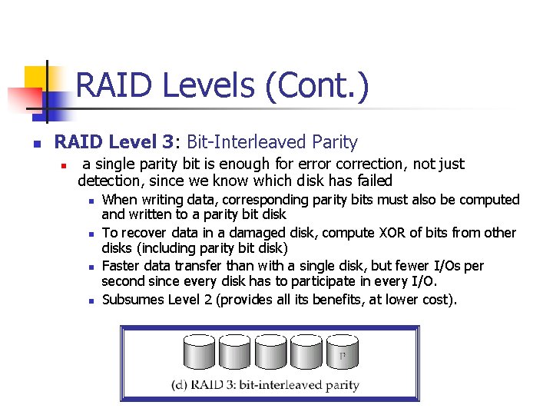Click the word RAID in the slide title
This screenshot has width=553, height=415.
click(x=115, y=85)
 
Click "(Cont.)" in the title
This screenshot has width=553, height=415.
click(x=314, y=86)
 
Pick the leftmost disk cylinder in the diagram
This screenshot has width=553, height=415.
click(x=198, y=354)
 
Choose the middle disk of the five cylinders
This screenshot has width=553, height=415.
click(x=270, y=354)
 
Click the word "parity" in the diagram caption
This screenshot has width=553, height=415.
click(x=339, y=385)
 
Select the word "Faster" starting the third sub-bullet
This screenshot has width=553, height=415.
click(x=121, y=266)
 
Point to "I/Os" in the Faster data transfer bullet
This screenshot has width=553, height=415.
click(x=449, y=266)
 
